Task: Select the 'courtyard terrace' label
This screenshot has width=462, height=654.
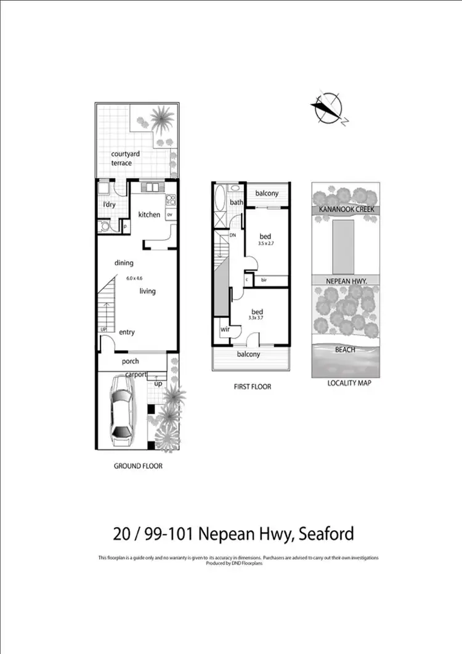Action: coord(121,158)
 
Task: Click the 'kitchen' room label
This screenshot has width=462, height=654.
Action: coord(149,215)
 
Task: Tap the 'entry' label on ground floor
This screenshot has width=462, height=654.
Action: coord(127,332)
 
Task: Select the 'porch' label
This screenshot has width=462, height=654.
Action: coord(130,361)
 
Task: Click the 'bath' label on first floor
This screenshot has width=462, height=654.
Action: coord(236,202)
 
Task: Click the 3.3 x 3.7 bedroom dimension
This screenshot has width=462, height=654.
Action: coord(256,317)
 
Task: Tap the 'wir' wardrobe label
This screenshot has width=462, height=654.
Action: coord(225,330)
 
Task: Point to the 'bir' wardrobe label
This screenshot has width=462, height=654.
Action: coord(264,280)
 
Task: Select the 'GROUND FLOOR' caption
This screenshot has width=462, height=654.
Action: coord(138,466)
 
